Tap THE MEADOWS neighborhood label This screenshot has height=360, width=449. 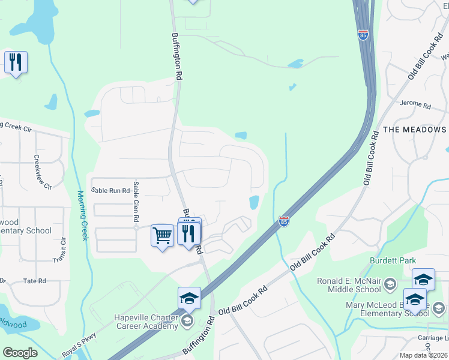414,130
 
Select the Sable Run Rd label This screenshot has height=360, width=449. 110,190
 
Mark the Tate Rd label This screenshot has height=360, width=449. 34,281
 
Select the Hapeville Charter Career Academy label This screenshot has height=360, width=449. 146,321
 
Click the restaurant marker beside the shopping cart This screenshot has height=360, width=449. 188,233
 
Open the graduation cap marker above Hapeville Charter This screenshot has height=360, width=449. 189,298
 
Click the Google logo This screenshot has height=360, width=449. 20,353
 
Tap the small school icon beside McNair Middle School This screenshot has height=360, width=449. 390,283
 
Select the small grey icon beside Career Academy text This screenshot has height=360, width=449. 187,321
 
